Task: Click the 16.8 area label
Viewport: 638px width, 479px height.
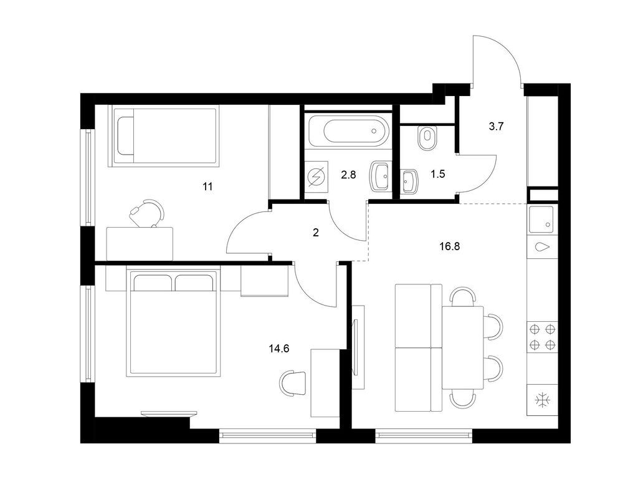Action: click(x=450, y=246)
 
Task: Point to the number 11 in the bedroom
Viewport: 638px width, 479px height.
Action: click(x=207, y=186)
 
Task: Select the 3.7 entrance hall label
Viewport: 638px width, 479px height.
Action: click(x=496, y=126)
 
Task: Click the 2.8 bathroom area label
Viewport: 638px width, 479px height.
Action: click(x=348, y=175)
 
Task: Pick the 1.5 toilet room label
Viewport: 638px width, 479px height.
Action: click(x=438, y=174)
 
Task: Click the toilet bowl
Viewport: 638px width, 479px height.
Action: click(x=427, y=138)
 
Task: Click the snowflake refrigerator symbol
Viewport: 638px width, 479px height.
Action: click(x=543, y=400)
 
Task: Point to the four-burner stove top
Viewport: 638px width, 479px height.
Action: click(x=543, y=337)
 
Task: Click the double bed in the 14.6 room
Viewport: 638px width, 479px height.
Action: click(x=174, y=322)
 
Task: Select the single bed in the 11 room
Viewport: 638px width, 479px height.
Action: click(x=164, y=137)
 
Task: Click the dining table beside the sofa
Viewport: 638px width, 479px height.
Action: click(x=463, y=347)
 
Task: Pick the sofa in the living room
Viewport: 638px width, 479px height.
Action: click(x=418, y=347)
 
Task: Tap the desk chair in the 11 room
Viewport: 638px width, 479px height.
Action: click(x=147, y=213)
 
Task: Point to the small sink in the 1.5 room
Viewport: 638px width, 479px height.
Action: click(x=409, y=181)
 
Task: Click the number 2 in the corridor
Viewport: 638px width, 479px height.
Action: click(x=316, y=233)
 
